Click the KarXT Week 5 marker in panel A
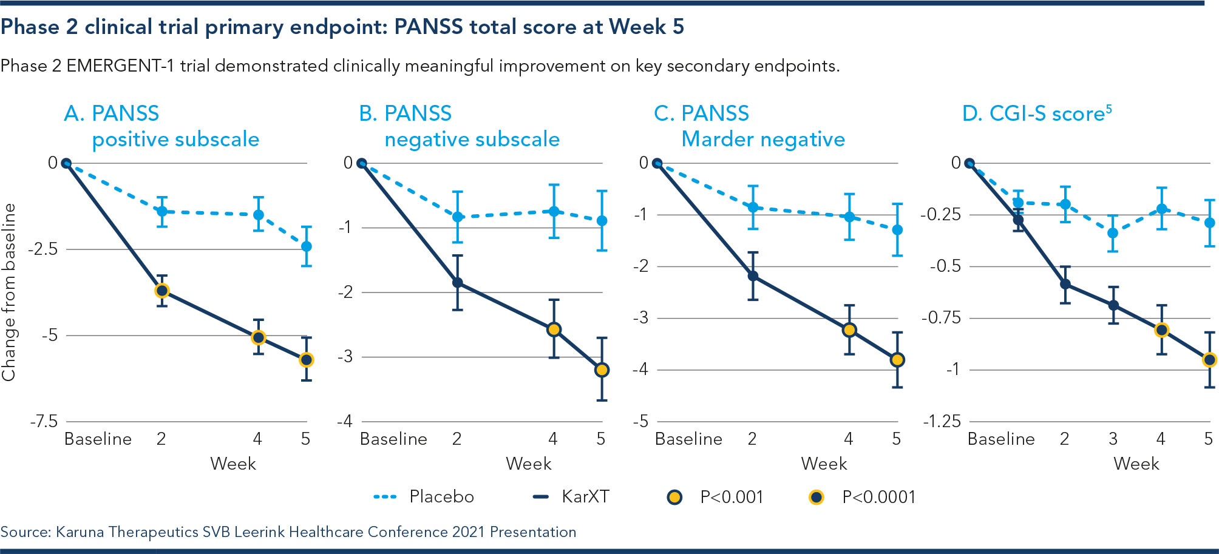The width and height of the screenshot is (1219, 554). tap(307, 360)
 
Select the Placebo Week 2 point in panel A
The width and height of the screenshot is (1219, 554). tap(162, 211)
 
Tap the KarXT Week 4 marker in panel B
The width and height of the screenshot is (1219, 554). tap(554, 329)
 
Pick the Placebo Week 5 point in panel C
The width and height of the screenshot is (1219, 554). tap(897, 230)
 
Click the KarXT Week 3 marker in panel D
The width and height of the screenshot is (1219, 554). tap(1113, 305)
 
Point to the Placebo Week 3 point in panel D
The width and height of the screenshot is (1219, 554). tap(1113, 233)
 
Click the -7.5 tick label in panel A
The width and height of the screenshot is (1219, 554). tap(44, 421)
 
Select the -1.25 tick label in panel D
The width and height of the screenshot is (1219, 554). tap(942, 421)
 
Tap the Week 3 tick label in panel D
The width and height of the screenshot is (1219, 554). tap(1113, 439)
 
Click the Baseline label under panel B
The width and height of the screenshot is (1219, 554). tap(393, 439)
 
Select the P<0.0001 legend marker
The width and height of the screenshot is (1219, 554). tap(817, 498)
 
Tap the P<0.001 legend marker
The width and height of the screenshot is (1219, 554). tap(674, 498)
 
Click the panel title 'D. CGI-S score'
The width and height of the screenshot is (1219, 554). tap(1036, 113)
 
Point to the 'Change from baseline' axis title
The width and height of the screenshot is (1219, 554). tap(9, 292)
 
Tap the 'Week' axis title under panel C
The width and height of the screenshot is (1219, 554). tap(824, 464)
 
